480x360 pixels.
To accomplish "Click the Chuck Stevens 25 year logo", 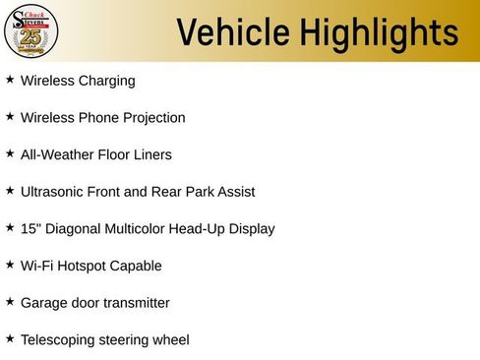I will (30, 30).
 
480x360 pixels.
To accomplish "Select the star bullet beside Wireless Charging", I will (10, 80).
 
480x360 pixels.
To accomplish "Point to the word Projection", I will (151, 118).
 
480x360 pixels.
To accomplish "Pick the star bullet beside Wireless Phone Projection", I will (10, 117).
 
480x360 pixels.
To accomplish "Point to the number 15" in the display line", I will (30, 228).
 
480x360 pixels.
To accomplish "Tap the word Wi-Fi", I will (37, 266).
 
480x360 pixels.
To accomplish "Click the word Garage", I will (44, 303).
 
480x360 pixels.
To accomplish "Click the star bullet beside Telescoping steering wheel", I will (10, 339).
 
